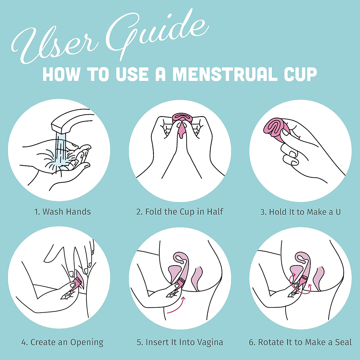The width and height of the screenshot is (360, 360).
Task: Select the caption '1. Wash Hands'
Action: pyautogui.click(x=62, y=212)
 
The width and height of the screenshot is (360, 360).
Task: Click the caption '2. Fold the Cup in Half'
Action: pyautogui.click(x=180, y=212)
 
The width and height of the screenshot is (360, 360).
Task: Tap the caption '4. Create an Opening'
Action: pyautogui.click(x=62, y=342)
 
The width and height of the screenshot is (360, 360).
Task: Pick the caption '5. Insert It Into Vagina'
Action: pyautogui.click(x=180, y=342)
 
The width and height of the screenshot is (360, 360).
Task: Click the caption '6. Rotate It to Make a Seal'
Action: pyautogui.click(x=300, y=342)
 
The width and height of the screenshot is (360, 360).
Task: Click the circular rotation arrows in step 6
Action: pyautogui.click(x=300, y=283)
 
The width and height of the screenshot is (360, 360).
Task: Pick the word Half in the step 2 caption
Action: pyautogui.click(x=215, y=212)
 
